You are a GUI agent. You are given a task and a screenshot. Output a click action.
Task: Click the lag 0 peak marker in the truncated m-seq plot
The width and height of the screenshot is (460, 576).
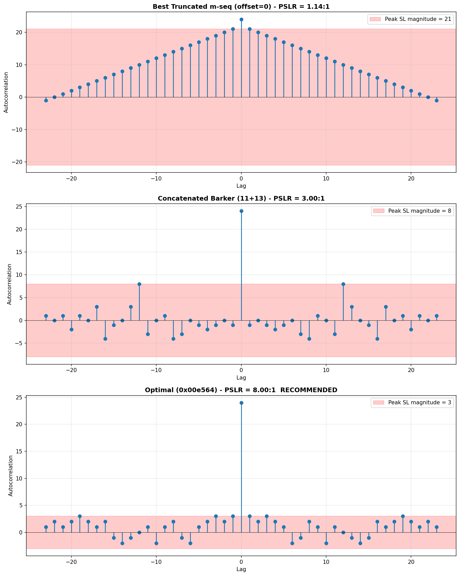click(x=241, y=20)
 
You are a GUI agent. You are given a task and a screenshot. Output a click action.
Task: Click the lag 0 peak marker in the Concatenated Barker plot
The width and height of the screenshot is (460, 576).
click(x=241, y=211)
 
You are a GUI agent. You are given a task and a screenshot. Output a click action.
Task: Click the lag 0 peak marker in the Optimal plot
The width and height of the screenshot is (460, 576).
click(x=241, y=403)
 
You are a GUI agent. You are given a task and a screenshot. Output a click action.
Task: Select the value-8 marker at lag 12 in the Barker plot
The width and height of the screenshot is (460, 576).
click(x=343, y=284)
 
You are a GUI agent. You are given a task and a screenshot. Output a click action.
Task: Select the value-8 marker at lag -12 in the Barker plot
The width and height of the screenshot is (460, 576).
click(x=139, y=284)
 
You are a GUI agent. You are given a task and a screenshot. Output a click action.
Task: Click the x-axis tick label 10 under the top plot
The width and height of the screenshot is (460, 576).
click(x=326, y=178)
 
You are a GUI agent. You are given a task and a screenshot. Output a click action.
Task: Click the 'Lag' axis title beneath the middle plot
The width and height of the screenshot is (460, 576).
click(x=241, y=377)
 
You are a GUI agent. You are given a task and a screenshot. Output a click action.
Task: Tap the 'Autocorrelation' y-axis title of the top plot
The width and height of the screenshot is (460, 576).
click(x=6, y=92)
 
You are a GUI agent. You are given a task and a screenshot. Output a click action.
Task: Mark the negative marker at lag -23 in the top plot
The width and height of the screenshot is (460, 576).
click(x=46, y=100)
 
